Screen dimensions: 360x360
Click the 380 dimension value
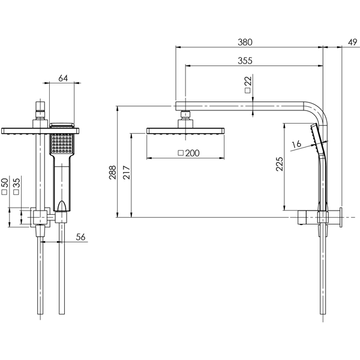coord(245,42)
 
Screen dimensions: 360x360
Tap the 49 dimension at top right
coord(352,42)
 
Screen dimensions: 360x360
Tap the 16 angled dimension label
coord(295,145)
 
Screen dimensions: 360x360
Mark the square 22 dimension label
coord(248,84)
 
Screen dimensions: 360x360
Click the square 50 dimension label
coord(5,186)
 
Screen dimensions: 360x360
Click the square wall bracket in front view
coord(40,217)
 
